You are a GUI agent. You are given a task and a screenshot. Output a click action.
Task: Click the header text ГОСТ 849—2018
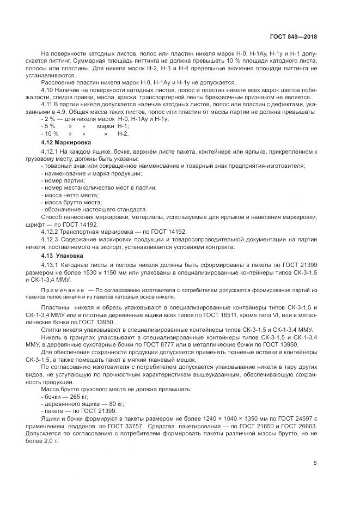pyautogui.click(x=293, y=37)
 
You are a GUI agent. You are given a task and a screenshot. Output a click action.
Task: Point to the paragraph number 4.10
pyautogui.click(x=47, y=89)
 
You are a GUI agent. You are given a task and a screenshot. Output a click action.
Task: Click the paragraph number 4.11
pyautogui.click(x=47, y=104)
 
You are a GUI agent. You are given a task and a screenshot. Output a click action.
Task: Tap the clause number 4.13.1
pyautogui.click(x=51, y=264)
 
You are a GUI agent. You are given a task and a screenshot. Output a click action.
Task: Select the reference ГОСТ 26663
pyautogui.click(x=294, y=426)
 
